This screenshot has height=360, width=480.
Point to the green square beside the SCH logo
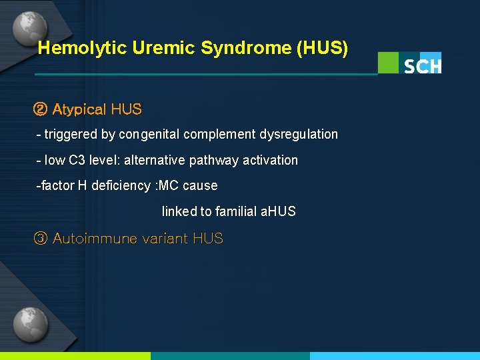[x=388, y=63]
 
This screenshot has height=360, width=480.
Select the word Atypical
[x=79, y=109]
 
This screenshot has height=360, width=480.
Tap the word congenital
[x=149, y=134]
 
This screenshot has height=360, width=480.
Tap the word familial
[x=235, y=211]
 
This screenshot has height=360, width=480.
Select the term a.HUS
[x=278, y=211]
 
